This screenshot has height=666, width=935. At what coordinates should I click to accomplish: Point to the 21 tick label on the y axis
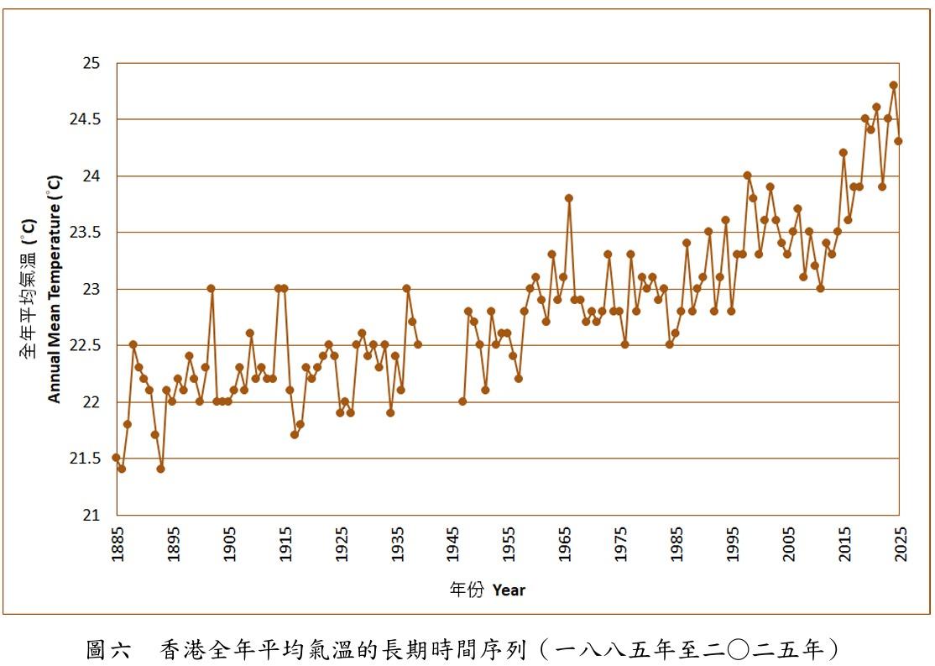[x=91, y=516]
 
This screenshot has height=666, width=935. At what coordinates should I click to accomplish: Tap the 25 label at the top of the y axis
[x=91, y=64]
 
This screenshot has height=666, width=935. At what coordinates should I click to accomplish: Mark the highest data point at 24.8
[x=893, y=85]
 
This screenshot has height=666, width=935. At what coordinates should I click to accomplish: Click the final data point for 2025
[x=899, y=141]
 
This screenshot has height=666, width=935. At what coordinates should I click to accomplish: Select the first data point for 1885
[x=116, y=458]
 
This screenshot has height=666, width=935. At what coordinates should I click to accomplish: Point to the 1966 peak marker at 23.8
[x=569, y=198]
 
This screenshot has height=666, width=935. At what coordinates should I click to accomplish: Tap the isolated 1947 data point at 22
[x=462, y=401]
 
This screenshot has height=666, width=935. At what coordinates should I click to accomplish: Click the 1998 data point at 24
[x=748, y=176]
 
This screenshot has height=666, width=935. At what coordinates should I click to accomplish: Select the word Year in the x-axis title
[x=509, y=590]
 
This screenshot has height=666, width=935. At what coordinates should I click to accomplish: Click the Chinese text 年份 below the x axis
[x=467, y=590]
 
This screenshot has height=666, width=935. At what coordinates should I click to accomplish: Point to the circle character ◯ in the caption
[x=739, y=649]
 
